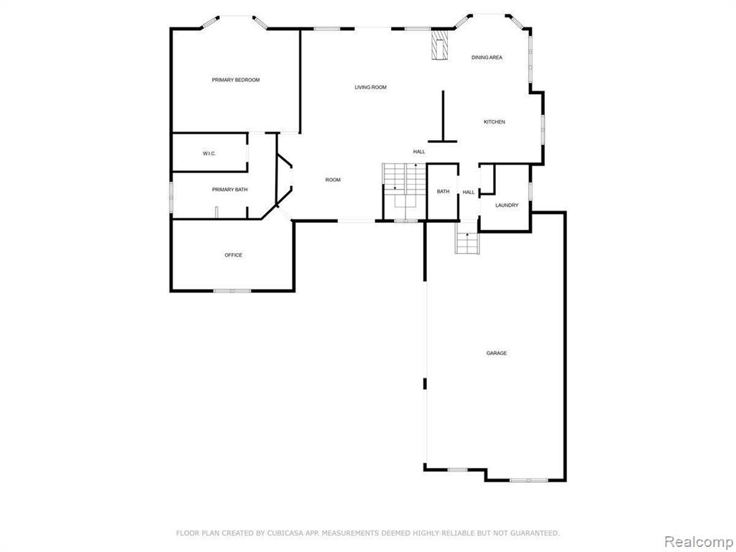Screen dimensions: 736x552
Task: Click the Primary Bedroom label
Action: (x=236, y=80)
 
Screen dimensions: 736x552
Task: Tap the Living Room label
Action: (x=370, y=87)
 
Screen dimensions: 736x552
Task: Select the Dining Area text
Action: (x=487, y=57)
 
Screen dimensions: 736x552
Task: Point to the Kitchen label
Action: (x=494, y=122)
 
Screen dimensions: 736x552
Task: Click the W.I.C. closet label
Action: (x=209, y=154)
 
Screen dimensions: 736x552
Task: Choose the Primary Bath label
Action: (x=229, y=190)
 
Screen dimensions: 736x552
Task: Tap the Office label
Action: (x=234, y=255)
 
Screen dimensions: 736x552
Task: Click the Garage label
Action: (x=496, y=353)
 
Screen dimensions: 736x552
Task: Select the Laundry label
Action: (x=507, y=205)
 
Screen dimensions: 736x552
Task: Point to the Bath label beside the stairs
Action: (x=443, y=191)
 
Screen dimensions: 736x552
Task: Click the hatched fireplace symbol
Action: (x=438, y=45)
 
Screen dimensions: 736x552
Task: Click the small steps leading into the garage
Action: (x=467, y=243)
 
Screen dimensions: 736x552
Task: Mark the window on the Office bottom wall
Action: (x=232, y=291)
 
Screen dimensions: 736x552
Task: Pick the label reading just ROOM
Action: (x=333, y=180)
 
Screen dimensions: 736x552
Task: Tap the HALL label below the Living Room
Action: (x=419, y=152)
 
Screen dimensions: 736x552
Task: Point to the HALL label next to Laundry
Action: (x=469, y=193)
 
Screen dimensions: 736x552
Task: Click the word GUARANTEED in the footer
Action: (x=536, y=533)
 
